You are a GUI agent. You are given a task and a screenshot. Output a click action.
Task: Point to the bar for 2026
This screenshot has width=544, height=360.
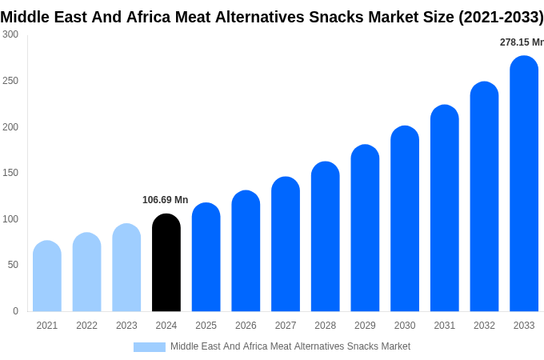pos(246,251)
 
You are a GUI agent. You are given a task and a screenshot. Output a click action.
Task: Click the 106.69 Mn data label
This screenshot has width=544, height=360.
pos(165,200)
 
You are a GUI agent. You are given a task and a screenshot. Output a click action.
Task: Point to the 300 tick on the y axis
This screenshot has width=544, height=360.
pos(10,34)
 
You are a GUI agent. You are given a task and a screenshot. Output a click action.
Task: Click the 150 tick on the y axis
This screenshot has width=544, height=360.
pos(10,173)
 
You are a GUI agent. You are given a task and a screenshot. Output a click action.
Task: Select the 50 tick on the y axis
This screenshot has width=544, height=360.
pos(14,265)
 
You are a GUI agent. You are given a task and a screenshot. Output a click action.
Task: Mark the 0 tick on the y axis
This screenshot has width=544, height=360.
pos(16,311)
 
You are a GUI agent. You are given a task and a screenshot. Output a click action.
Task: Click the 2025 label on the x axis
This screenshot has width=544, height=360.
pos(206,326)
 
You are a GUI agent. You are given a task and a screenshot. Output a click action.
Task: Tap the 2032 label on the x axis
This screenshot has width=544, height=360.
pos(484,326)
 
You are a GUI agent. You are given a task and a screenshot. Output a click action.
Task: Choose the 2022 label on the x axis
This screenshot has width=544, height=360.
pos(86,326)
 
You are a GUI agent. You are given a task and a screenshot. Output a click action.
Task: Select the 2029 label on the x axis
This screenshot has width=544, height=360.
pos(365,326)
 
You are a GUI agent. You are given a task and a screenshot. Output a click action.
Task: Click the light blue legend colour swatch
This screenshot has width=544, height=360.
pos(150,347)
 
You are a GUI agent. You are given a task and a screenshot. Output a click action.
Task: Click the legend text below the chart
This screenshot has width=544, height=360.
pos(290,346)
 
